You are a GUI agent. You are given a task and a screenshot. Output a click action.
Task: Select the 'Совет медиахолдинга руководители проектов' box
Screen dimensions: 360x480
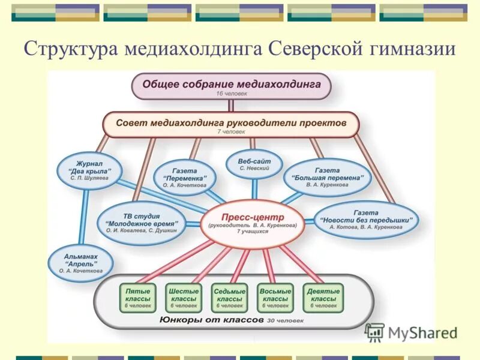coord(231,124)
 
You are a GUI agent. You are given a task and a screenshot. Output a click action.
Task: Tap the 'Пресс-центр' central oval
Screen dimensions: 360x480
coord(253,221)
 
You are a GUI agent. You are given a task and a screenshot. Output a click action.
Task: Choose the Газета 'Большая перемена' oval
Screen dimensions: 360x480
coord(328,178)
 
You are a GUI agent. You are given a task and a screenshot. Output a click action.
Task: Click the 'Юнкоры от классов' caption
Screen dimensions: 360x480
coord(213,320)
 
